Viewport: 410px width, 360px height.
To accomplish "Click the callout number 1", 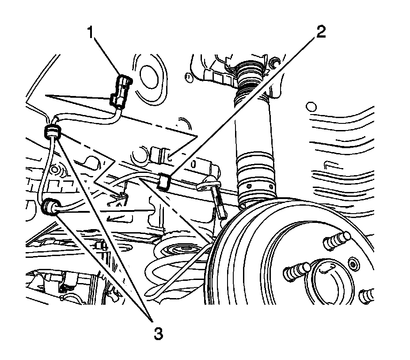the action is (x=92, y=33).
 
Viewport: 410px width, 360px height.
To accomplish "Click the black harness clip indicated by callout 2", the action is (x=164, y=180).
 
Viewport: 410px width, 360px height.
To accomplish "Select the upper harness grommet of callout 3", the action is (x=53, y=131).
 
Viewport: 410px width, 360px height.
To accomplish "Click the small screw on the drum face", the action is (x=352, y=264).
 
